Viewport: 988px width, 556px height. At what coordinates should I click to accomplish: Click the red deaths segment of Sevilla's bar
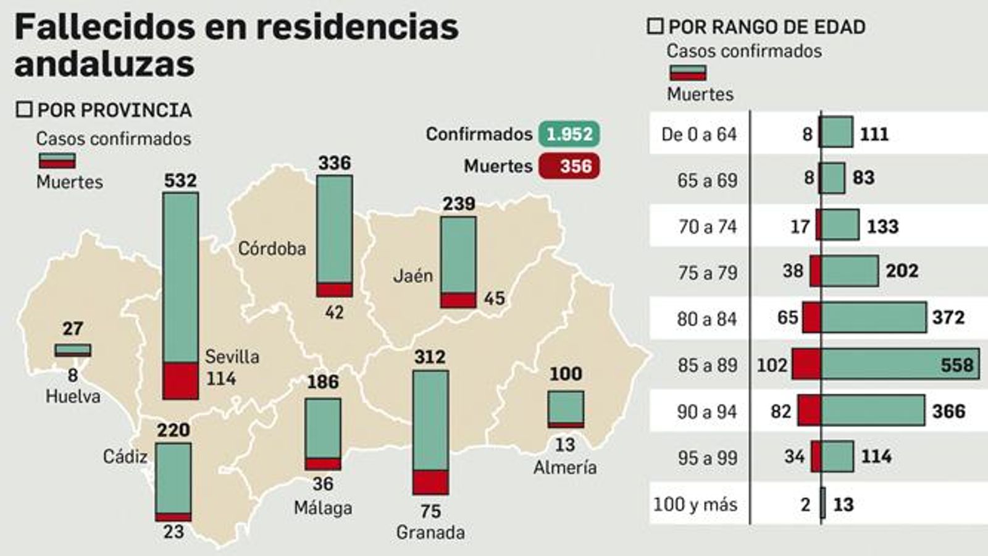(x=181, y=381)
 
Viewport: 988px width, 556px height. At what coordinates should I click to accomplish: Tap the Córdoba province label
(x=272, y=248)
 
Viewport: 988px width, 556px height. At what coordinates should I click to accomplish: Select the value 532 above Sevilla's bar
(x=180, y=180)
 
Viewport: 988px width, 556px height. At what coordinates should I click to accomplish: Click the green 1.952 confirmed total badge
(x=569, y=134)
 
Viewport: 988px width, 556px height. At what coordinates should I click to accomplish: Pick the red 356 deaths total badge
(x=569, y=166)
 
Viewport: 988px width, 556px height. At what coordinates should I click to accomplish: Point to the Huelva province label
(x=73, y=396)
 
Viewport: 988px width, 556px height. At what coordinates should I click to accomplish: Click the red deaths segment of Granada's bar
(x=430, y=482)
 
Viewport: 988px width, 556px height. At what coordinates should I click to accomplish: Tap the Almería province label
(x=565, y=467)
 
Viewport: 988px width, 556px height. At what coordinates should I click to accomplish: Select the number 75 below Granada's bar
(x=430, y=511)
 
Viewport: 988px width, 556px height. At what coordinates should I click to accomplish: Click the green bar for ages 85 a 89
(x=899, y=364)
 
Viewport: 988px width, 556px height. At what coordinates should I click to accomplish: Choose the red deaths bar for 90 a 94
(x=809, y=411)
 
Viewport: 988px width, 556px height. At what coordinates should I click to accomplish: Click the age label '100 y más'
(x=695, y=504)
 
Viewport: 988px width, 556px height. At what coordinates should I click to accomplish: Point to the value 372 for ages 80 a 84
(x=948, y=318)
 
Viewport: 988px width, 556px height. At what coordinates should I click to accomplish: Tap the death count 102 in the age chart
(x=772, y=364)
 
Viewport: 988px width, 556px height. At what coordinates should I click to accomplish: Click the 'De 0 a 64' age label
(x=699, y=134)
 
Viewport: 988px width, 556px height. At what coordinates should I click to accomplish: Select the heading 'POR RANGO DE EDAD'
(x=767, y=27)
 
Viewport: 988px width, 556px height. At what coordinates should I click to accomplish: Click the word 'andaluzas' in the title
(x=104, y=64)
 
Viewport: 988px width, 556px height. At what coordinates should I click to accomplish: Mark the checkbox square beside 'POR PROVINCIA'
(x=24, y=110)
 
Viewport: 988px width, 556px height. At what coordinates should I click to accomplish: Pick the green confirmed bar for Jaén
(x=458, y=255)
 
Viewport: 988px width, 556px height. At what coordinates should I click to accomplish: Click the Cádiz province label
(x=125, y=457)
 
